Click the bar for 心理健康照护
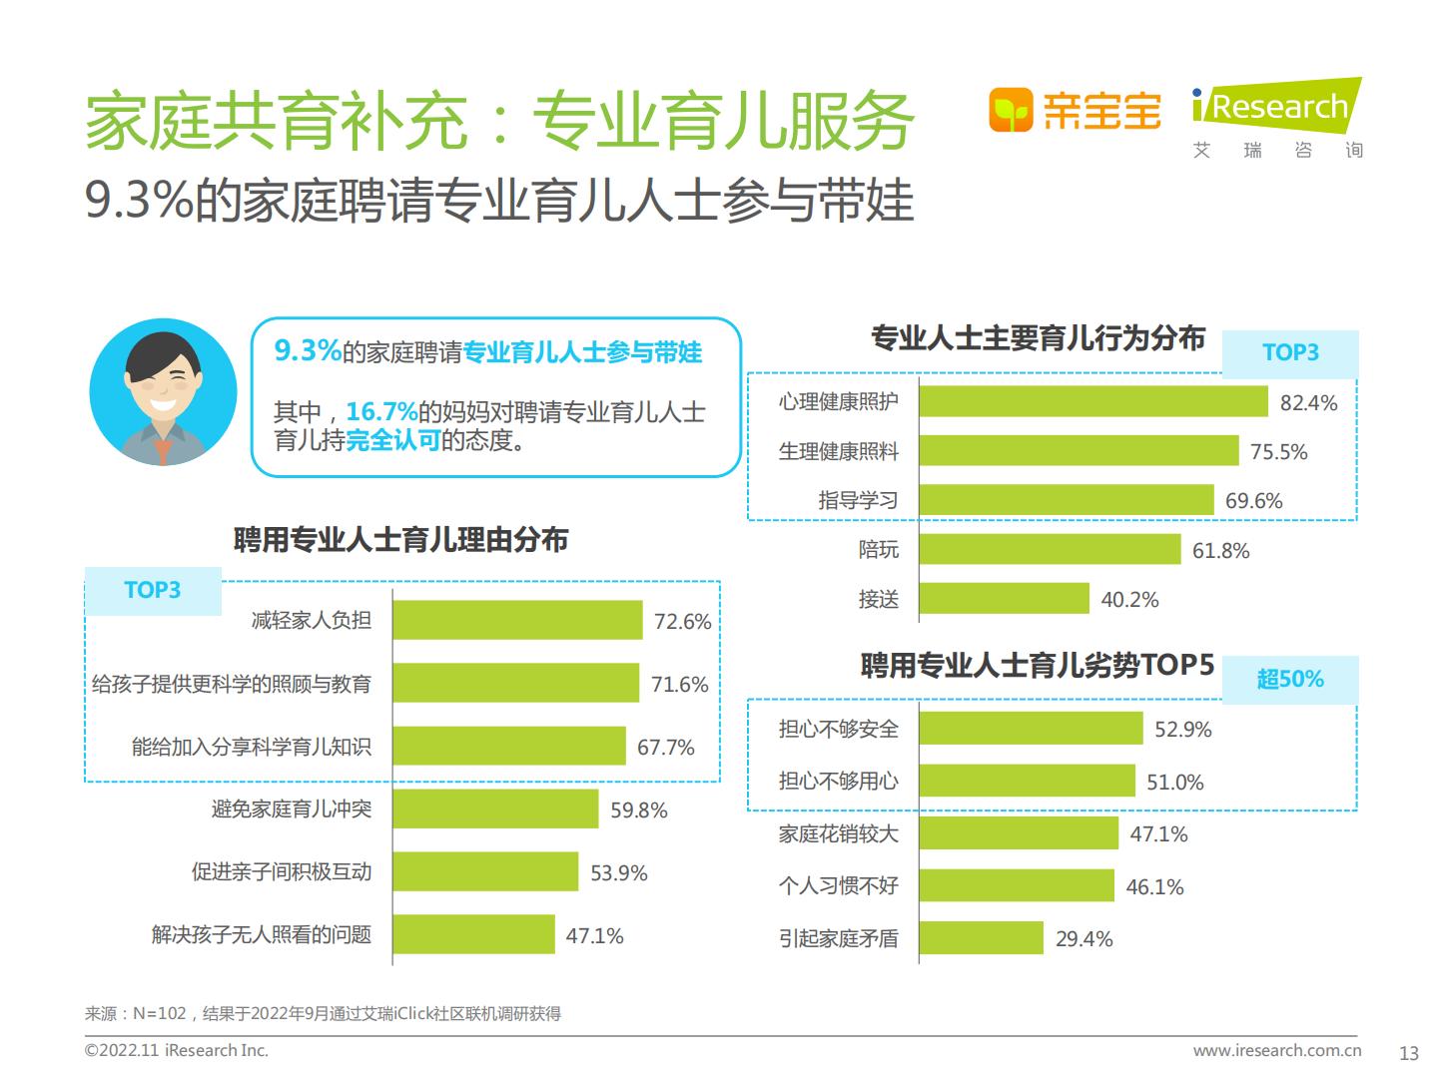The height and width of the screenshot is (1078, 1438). (x=1093, y=401)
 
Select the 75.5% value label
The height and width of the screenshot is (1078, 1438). (x=1278, y=452)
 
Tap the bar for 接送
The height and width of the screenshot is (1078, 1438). (x=1004, y=599)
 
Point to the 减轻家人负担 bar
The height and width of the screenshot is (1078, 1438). (x=517, y=621)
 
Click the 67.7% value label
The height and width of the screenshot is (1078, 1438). (x=665, y=748)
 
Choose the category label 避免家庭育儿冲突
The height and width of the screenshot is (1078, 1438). (x=291, y=808)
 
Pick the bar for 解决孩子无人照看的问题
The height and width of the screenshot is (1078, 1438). (x=473, y=935)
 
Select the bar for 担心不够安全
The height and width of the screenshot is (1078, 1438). (x=1031, y=729)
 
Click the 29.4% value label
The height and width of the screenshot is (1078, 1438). (x=1083, y=939)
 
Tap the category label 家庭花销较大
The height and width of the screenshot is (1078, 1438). (x=838, y=833)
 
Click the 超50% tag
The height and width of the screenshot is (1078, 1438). (x=1289, y=680)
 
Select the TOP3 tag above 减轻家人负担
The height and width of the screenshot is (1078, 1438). (x=152, y=590)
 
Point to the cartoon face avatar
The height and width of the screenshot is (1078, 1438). (x=163, y=392)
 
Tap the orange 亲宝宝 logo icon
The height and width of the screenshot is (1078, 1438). (x=1010, y=110)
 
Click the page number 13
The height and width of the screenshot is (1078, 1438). (x=1408, y=1053)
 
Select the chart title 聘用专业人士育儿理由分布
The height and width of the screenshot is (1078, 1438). (x=400, y=540)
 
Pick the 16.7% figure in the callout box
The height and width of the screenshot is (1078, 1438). (x=381, y=411)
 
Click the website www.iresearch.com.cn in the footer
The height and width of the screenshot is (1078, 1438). (x=1276, y=1050)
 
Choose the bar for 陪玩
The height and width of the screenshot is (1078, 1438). (x=1050, y=550)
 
